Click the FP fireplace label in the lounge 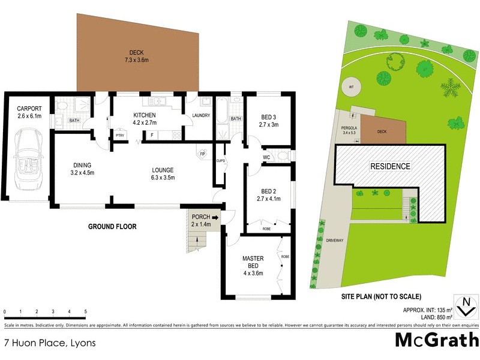coord(201,154)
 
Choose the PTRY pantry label coord(119,136)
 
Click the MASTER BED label coord(253,262)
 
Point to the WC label coord(267,158)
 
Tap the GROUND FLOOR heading coord(112,227)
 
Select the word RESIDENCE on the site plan coord(390,166)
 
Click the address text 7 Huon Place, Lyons coord(50,344)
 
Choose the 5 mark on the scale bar coord(85,312)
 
